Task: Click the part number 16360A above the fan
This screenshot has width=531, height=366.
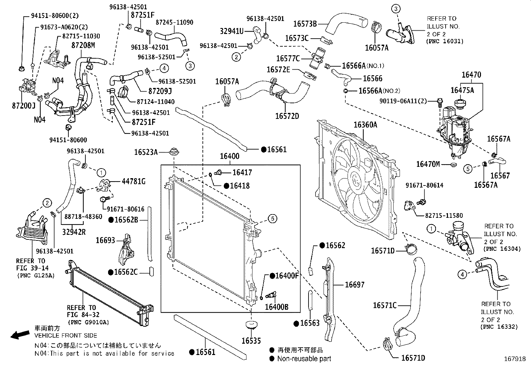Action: (365, 125)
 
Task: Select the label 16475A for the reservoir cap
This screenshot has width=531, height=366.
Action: (462, 90)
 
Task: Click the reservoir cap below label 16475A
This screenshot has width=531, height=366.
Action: (460, 104)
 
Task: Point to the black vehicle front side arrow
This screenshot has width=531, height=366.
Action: (20, 335)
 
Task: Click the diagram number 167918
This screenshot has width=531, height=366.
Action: (515, 359)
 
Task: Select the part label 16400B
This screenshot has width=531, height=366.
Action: (277, 307)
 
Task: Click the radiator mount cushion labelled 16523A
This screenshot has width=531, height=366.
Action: (174, 152)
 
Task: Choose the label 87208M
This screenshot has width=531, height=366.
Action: (83, 45)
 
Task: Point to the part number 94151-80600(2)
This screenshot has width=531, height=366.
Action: (55, 16)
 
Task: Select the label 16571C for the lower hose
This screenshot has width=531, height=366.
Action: (385, 305)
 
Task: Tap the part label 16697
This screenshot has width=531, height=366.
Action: (355, 284)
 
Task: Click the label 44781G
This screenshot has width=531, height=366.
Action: (134, 182)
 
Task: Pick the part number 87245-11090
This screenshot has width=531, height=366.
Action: (174, 23)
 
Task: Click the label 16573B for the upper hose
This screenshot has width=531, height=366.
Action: (305, 24)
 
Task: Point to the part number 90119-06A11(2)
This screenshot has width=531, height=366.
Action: (403, 101)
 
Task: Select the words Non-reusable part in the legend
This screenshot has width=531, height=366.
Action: (304, 359)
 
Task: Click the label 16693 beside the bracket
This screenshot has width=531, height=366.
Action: (105, 240)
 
